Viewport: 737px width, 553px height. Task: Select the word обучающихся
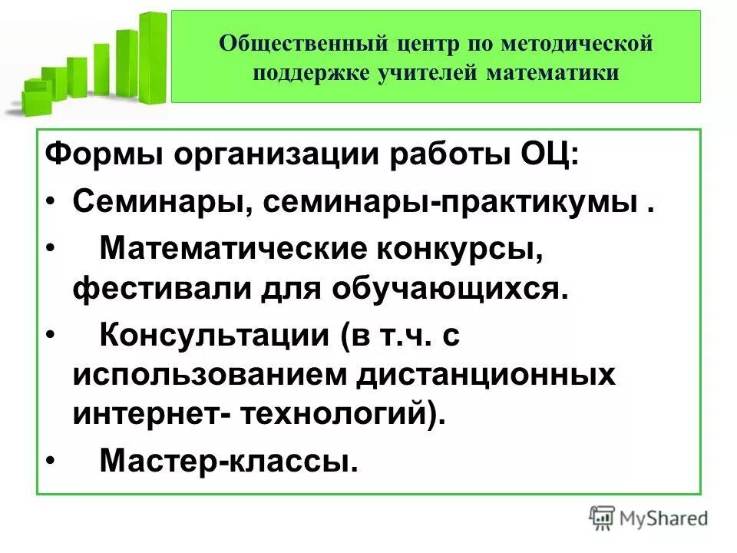pos(451,291)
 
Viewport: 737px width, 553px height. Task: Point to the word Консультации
pos(203,336)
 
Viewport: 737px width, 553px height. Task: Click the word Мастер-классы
pos(229,461)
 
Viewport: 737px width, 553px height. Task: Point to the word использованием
pos(207,376)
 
